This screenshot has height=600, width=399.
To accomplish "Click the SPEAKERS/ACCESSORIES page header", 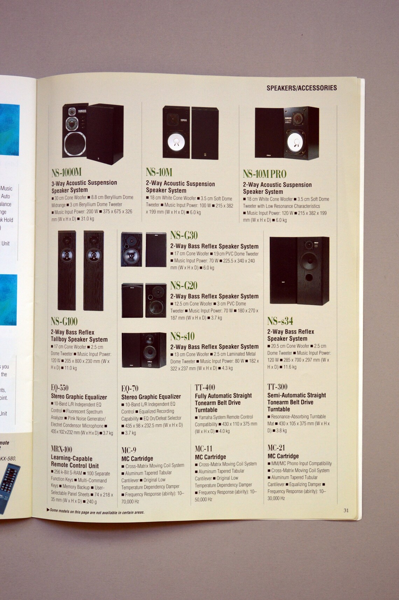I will coord(301,88).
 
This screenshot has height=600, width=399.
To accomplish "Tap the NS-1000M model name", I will coord(66,172).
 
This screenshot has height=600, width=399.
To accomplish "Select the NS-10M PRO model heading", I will coord(264,174).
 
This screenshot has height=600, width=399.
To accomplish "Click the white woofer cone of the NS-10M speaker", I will coord(176,142).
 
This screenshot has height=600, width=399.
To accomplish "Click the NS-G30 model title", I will coord(184,235).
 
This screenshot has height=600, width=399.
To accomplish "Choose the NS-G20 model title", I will coord(184,285).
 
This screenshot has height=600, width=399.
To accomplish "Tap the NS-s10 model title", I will coord(182,336).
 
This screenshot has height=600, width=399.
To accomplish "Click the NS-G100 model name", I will coord(64,321).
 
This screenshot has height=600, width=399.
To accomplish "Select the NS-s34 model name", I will coord(280,321).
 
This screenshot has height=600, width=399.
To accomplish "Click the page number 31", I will coord(346,510).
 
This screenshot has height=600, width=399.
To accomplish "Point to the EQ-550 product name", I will coord(59,388).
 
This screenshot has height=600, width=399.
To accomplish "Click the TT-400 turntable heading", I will coord(205,387).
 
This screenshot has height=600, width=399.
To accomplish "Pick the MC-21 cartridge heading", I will coord(276,447).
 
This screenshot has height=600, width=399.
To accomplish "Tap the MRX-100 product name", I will coord(62,449).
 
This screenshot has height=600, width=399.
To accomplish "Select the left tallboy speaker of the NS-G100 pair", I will coord(67,270).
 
